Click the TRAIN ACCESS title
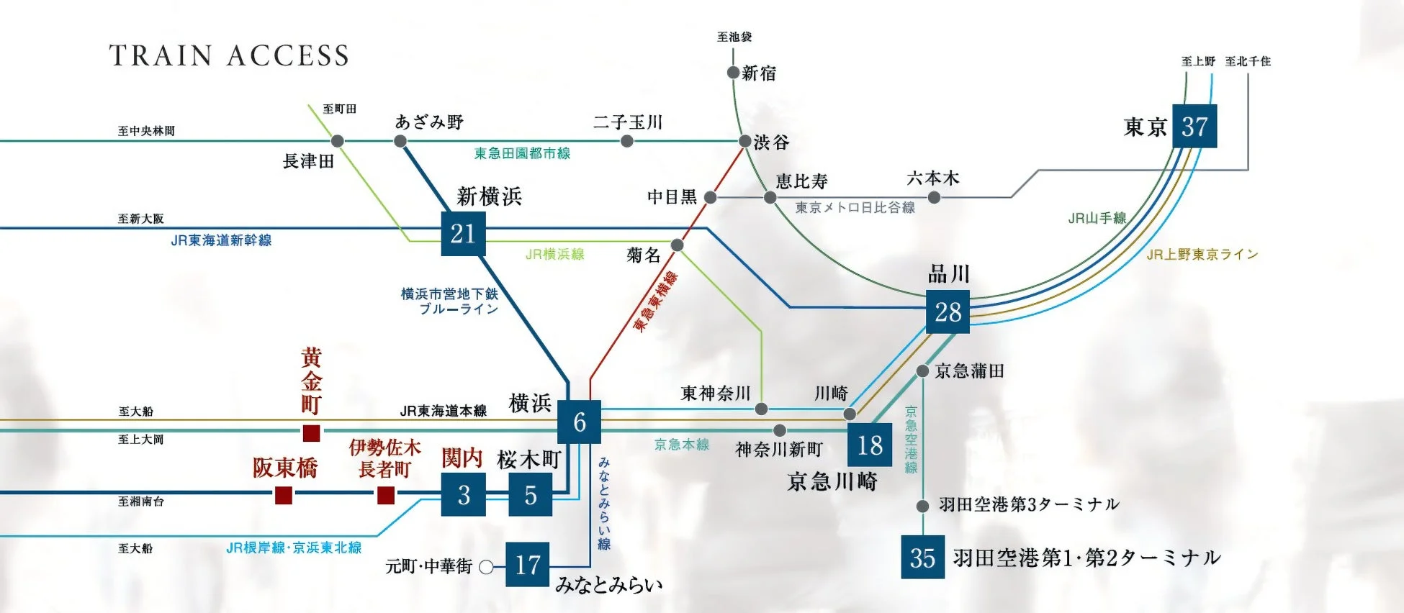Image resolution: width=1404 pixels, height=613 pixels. pyautogui.click(x=229, y=55)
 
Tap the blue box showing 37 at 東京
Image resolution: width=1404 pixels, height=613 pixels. pyautogui.click(x=1194, y=127)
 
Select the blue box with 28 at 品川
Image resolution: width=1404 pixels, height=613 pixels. pyautogui.click(x=948, y=312)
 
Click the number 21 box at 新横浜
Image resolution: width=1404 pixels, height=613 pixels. pyautogui.click(x=463, y=234)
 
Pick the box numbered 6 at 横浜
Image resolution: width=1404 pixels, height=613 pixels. pyautogui.click(x=579, y=422)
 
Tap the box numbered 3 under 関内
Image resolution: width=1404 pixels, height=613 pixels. pyautogui.click(x=463, y=495)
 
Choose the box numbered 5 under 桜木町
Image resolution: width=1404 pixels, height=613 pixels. pyautogui.click(x=530, y=495)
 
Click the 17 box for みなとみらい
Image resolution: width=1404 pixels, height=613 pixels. pyautogui.click(x=527, y=565)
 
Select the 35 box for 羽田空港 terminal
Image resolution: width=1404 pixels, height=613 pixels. pyautogui.click(x=922, y=558)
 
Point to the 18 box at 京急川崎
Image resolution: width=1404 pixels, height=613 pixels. pyautogui.click(x=870, y=445)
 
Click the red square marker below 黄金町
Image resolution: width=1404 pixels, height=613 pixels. pyautogui.click(x=311, y=433)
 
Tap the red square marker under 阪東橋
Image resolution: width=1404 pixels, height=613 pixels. pyautogui.click(x=284, y=495)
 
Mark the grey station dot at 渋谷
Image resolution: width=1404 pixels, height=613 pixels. pyautogui.click(x=745, y=142)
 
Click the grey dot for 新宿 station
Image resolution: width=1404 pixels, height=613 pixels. pyautogui.click(x=733, y=73)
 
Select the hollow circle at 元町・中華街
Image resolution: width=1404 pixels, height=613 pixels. pyautogui.click(x=486, y=567)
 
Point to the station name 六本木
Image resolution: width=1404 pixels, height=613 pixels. pyautogui.click(x=933, y=178)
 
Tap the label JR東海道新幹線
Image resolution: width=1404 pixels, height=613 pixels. pyautogui.click(x=221, y=240)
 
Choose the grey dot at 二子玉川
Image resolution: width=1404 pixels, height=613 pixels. pyautogui.click(x=627, y=142)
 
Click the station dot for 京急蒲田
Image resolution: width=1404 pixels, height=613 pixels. pyautogui.click(x=922, y=371)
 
